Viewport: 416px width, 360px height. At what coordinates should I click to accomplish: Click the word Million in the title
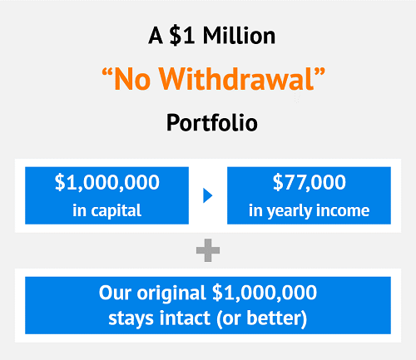coord(239,36)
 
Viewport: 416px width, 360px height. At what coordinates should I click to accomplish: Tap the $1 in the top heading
coord(181,36)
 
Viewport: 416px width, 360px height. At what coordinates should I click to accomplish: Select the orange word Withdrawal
coord(236,79)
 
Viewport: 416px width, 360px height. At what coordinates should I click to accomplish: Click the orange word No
coord(132,80)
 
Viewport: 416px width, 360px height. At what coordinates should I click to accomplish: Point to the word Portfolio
coord(212,122)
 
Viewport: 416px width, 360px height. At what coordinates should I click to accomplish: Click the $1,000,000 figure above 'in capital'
coord(107,182)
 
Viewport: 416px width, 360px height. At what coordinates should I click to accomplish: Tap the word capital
coord(116,211)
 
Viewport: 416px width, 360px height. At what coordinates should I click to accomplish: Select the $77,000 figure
coord(310,182)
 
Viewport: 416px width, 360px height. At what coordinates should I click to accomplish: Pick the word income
coord(343,210)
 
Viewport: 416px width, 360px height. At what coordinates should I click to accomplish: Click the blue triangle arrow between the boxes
coord(208,195)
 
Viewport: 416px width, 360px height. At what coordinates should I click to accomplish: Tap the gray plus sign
coord(208,250)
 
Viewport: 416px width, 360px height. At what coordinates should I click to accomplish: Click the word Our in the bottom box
coord(115,293)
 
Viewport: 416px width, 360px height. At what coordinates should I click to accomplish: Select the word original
coord(171,293)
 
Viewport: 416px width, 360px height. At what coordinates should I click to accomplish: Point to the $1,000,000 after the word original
coord(265,293)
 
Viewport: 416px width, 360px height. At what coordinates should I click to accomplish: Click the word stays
coord(131,318)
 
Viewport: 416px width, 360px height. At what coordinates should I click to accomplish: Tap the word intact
coord(185,318)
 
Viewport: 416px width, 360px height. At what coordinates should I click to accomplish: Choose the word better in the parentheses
coord(273,318)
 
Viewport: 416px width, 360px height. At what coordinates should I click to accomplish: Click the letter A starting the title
coord(156,36)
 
